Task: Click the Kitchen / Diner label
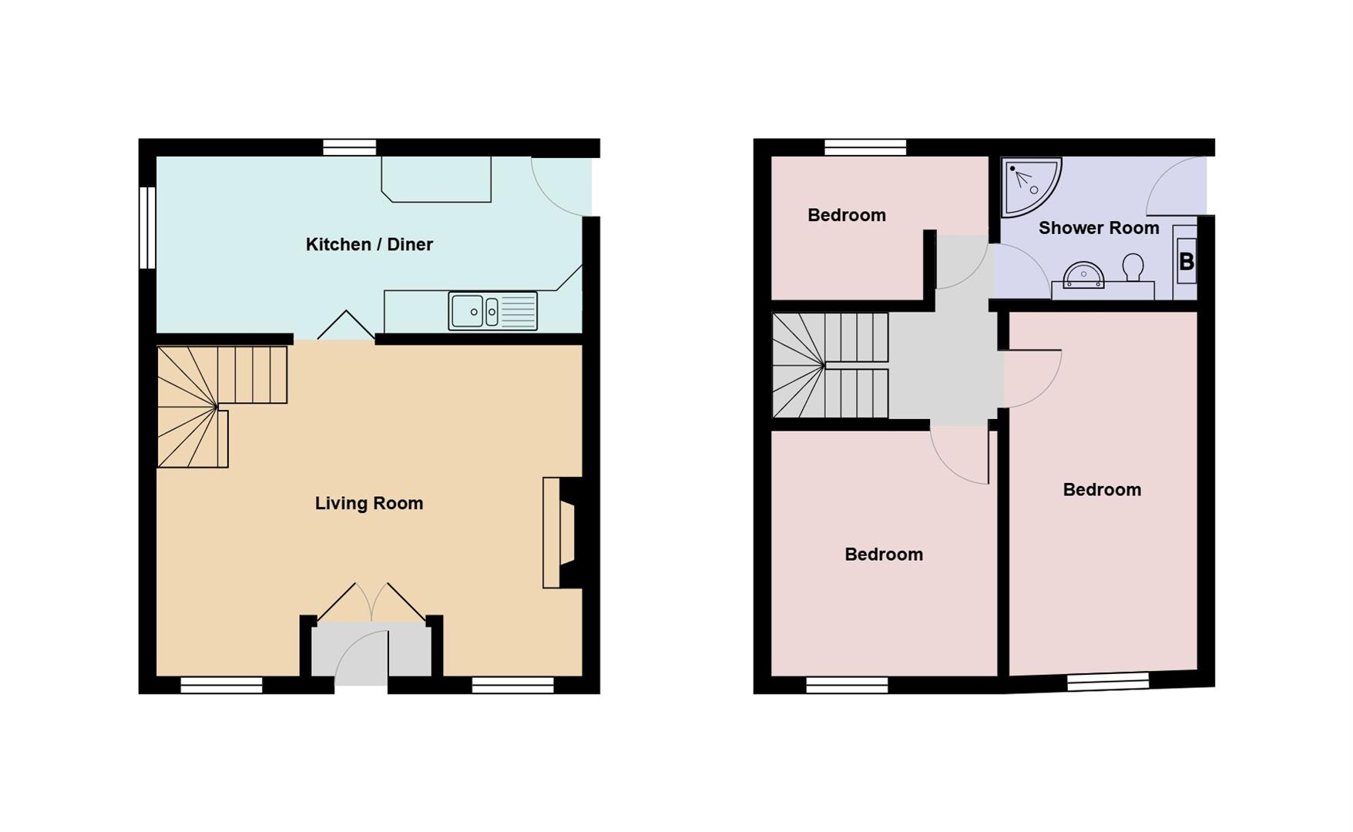(x=369, y=244)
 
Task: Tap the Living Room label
(x=369, y=503)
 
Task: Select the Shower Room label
(x=1098, y=228)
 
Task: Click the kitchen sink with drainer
(x=492, y=311)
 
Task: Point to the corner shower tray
(x=1027, y=186)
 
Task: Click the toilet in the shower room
(x=1133, y=268)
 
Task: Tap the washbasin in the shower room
(x=1083, y=274)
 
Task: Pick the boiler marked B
(x=1186, y=262)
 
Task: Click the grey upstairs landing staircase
(x=829, y=365)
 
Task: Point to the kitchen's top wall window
(x=349, y=147)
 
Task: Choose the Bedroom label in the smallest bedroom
(x=846, y=215)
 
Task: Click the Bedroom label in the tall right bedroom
(x=1101, y=490)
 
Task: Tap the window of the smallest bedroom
(x=865, y=147)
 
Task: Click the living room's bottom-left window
(x=221, y=685)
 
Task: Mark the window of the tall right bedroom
(x=1108, y=681)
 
